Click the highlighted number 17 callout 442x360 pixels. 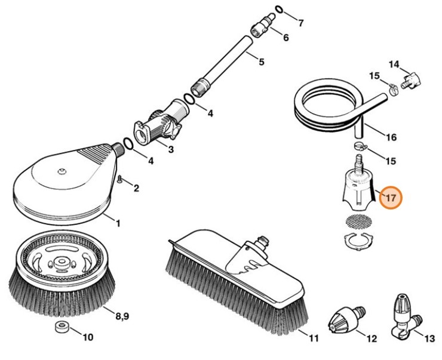[392, 198]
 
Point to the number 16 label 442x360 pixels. [391, 137]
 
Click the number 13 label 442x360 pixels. [429, 339]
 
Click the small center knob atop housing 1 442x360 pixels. [62, 174]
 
